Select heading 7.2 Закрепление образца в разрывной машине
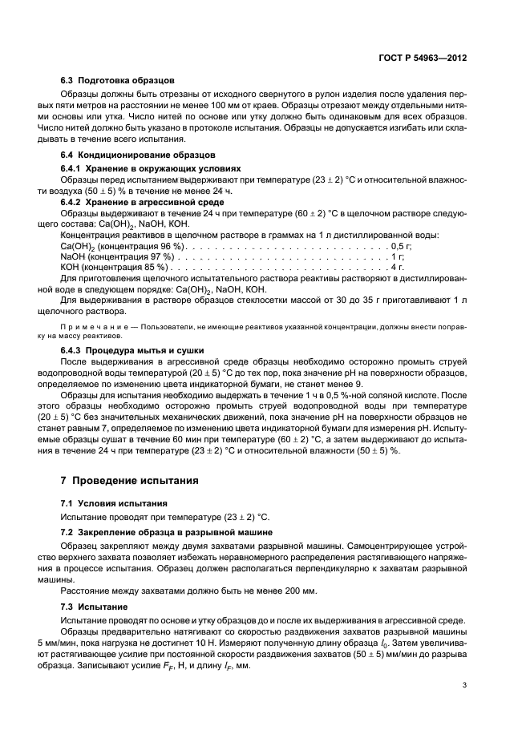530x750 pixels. [161, 533]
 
